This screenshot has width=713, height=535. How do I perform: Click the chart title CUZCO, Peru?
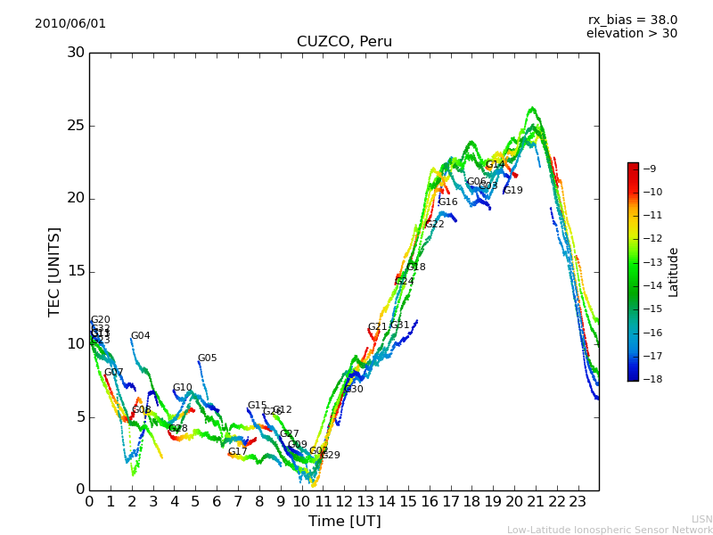click(x=344, y=42)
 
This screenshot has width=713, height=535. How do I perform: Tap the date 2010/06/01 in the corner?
click(x=70, y=24)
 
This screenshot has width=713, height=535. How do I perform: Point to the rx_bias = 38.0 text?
click(x=632, y=21)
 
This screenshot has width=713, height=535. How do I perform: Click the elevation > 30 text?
click(x=631, y=34)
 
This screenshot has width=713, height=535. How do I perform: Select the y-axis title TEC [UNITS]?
click(x=54, y=271)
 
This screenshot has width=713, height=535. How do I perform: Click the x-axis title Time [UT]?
click(x=344, y=521)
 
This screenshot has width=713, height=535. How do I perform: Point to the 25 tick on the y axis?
click(x=76, y=126)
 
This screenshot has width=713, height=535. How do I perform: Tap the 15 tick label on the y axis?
click(x=76, y=271)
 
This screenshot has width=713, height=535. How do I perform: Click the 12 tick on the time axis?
click(x=344, y=501)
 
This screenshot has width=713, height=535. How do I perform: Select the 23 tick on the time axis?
click(x=578, y=501)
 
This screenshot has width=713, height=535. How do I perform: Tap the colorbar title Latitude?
click(x=674, y=271)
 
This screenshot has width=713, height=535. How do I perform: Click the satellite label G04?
click(x=141, y=336)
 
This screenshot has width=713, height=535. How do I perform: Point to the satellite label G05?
click(x=208, y=358)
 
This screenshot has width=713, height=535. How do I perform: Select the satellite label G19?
click(x=513, y=191)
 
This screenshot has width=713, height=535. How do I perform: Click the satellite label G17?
click(x=237, y=452)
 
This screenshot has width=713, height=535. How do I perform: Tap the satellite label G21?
click(x=378, y=327)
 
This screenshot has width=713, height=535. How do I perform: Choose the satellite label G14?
click(x=495, y=165)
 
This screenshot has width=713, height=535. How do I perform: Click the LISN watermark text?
click(x=701, y=519)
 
